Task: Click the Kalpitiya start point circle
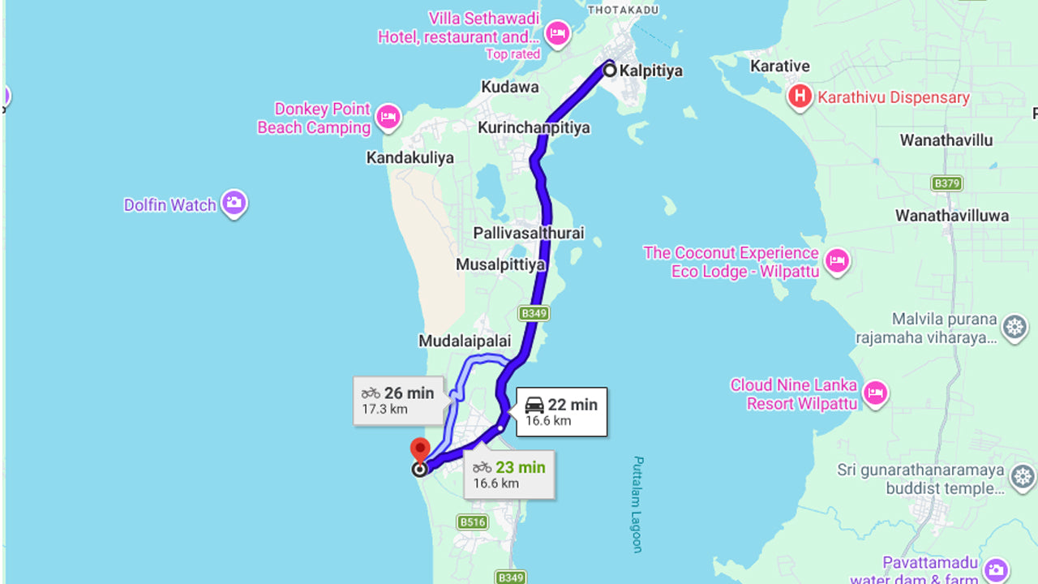610,71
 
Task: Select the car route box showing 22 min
561,411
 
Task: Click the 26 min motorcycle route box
398,400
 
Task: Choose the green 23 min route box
509,474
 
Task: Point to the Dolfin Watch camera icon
234,203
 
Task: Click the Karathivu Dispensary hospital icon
800,97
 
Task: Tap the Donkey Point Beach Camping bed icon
388,118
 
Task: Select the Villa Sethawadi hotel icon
557,34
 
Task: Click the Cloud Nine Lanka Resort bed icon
875,393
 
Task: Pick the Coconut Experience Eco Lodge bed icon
837,261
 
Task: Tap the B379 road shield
946,183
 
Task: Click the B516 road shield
472,522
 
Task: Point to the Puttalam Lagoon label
637,504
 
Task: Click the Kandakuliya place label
410,157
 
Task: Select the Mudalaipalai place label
465,341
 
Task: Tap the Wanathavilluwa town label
951,216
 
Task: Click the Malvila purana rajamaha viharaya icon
1014,328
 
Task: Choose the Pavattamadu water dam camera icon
996,569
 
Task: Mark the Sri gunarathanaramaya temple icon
1023,478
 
